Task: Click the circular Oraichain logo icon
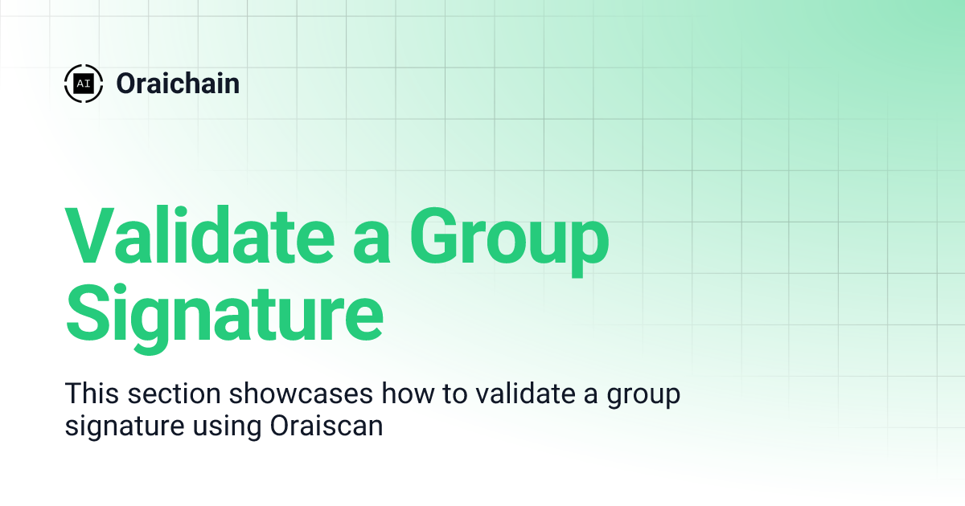pyautogui.click(x=83, y=83)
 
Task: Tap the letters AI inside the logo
pyautogui.click(x=83, y=83)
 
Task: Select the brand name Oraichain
pyautogui.click(x=178, y=83)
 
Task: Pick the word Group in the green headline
pyautogui.click(x=508, y=237)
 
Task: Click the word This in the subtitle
pyautogui.click(x=90, y=394)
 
